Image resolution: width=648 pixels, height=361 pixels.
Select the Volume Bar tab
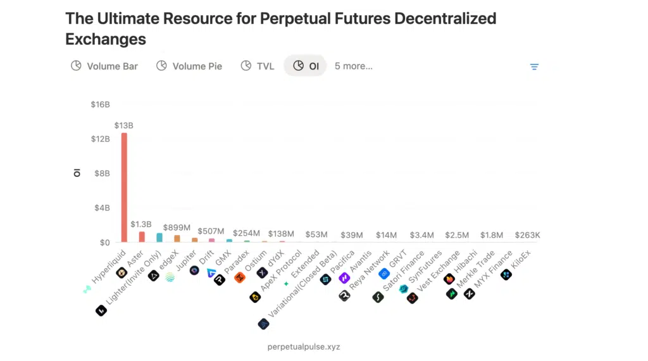coord(104,66)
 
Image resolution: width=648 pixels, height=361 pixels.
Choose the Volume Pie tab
coord(189,66)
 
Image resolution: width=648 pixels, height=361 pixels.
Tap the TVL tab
coord(258,66)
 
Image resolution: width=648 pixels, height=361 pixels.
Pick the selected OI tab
coord(306,66)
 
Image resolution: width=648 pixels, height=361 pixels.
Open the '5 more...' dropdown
coord(353,66)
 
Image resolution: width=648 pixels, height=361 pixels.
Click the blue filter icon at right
coord(534,66)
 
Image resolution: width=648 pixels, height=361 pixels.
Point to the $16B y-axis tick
coord(100,104)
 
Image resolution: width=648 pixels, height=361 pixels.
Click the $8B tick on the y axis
coord(101,173)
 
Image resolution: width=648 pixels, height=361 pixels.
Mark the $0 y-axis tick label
coord(104,242)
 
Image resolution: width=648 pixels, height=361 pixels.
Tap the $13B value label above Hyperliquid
coord(123,126)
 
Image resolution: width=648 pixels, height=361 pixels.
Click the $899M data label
coord(177,228)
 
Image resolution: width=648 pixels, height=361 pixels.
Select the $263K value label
coord(527,235)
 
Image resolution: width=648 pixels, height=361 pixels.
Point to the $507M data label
coord(211,231)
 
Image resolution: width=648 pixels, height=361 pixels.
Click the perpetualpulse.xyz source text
coord(304,346)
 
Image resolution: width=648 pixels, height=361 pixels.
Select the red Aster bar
coord(142,236)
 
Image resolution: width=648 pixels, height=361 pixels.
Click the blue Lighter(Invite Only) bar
coord(159,238)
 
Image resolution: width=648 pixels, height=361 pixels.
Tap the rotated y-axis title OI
coord(77,173)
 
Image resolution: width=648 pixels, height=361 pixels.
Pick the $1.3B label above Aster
coord(141,224)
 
